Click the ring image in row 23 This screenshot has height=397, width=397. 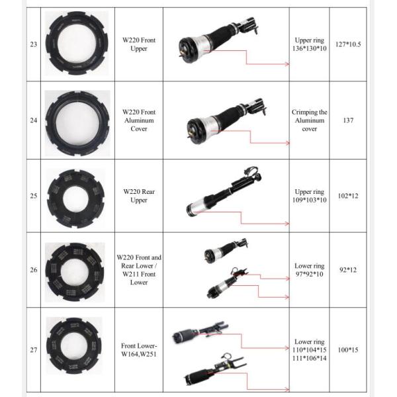click(77, 44)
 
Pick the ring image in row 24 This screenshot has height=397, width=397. click(77, 120)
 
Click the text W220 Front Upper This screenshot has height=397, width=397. click(139, 44)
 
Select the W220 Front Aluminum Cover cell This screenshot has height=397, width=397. click(139, 120)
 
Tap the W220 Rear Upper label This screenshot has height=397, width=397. click(139, 195)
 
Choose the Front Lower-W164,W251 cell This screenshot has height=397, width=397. click(139, 349)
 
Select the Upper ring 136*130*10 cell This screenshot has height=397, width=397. click(309, 44)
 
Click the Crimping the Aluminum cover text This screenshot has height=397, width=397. click(309, 120)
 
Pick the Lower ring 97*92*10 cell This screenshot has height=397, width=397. click(309, 270)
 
